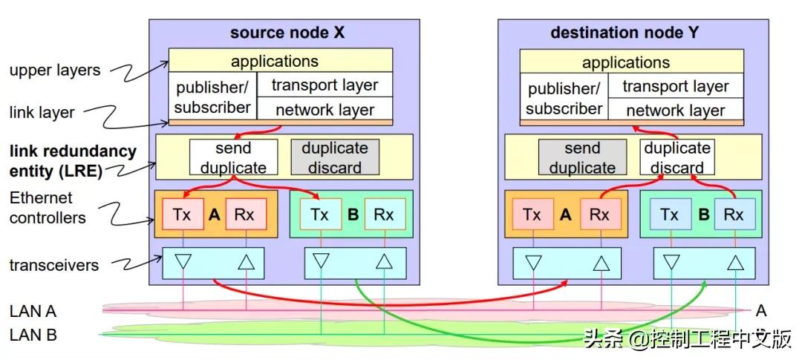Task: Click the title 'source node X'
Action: point(287,33)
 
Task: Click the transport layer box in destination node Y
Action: point(675,86)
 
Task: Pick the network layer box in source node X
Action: point(325,110)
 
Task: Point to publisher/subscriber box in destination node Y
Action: point(564,99)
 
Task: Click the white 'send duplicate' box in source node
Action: point(232,157)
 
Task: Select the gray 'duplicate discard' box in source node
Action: point(334,157)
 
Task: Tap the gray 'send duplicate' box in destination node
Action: point(581,158)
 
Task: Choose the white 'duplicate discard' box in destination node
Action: point(677,157)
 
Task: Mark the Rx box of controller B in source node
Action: point(383,214)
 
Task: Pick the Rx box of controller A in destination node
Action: point(599,215)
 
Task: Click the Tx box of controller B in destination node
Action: point(669,215)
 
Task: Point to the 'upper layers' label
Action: point(54,71)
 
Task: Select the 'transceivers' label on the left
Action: point(53,265)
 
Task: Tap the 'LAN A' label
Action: point(33,311)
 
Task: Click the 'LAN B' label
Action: point(33,335)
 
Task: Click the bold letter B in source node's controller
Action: point(353,215)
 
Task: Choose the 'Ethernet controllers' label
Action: point(47,208)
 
